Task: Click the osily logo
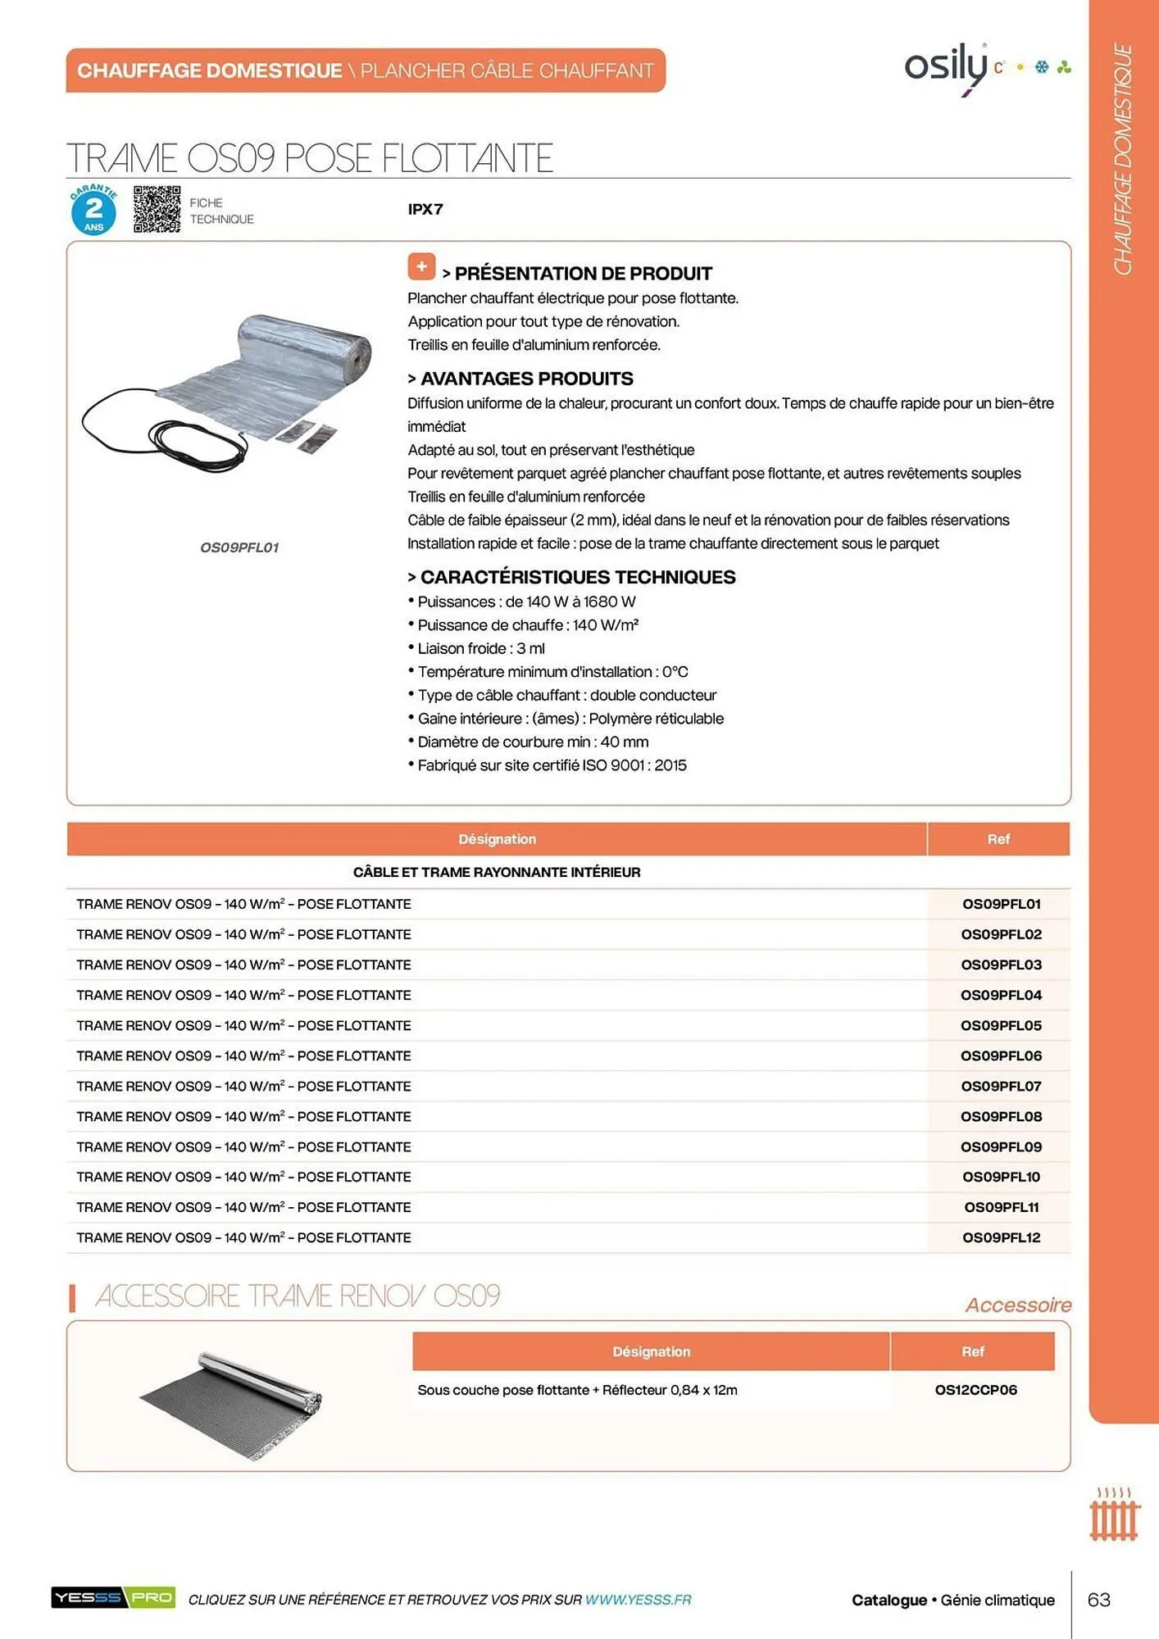(x=948, y=66)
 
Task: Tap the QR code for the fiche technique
(x=157, y=209)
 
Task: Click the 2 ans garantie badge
(x=93, y=211)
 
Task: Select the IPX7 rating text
(x=425, y=209)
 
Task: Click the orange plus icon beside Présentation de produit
(x=421, y=266)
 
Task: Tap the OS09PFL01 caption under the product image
(x=239, y=547)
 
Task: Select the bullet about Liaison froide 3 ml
(x=480, y=648)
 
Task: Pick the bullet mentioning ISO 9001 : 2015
(x=551, y=765)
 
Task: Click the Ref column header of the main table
(x=998, y=839)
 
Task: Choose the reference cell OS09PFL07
(x=1000, y=1086)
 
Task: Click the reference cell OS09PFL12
(x=1000, y=1237)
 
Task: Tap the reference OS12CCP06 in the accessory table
(x=975, y=1390)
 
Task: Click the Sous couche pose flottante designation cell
(x=577, y=1390)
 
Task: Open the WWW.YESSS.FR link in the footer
(x=638, y=1600)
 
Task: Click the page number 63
(x=1098, y=1600)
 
